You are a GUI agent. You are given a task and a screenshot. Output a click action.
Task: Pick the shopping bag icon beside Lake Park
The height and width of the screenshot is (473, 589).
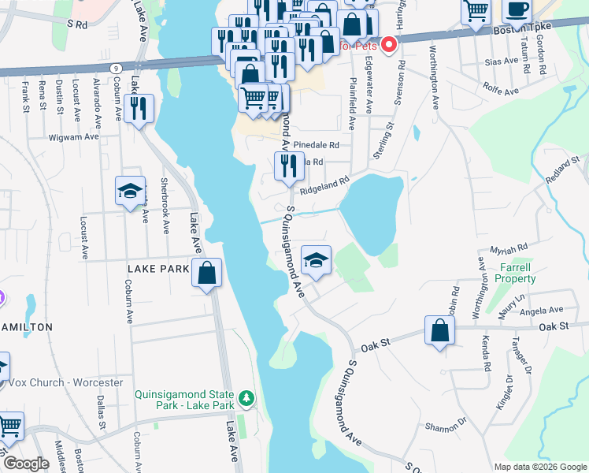(206, 274)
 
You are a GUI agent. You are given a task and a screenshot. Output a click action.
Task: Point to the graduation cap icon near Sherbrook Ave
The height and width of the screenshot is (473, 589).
(130, 191)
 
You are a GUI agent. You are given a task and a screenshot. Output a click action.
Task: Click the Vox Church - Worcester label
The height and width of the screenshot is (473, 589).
(66, 383)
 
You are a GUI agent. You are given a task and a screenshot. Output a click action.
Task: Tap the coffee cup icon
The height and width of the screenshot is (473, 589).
(517, 9)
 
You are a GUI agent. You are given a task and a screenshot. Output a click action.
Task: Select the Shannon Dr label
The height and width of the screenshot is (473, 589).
(446, 428)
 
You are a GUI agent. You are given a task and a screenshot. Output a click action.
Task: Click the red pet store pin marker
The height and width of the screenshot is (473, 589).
(388, 46)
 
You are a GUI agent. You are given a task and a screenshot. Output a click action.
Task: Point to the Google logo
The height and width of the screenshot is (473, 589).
(26, 464)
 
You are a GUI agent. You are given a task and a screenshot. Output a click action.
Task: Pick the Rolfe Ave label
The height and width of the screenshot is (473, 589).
(501, 92)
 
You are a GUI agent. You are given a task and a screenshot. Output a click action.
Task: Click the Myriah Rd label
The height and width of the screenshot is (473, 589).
(508, 250)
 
